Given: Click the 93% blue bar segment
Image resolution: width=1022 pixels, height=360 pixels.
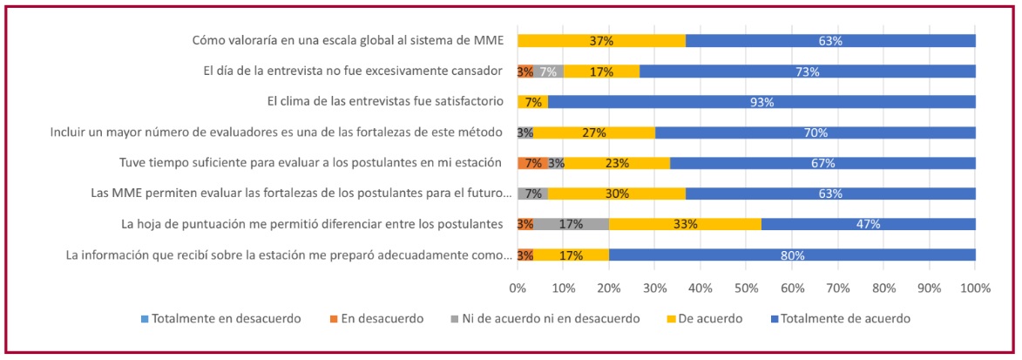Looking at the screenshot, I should tap(761, 102).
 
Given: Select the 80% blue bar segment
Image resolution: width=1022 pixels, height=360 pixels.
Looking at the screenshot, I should tap(792, 255).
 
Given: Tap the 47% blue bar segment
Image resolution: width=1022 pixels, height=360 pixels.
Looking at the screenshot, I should tap(868, 224).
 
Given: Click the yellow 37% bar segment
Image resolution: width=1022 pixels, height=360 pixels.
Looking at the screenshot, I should tap(601, 41).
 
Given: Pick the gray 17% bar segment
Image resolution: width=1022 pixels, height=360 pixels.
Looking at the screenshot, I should tap(571, 224).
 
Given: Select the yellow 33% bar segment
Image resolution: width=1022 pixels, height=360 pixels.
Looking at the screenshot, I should tap(685, 224).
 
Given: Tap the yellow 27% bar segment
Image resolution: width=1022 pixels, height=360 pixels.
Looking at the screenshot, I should tap(593, 132).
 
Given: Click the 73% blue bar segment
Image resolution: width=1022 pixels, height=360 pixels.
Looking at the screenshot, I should tap(808, 71).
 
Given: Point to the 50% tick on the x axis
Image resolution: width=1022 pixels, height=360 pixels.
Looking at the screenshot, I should tap(747, 288).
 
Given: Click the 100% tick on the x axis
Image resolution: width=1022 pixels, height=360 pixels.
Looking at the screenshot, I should tap(975, 288).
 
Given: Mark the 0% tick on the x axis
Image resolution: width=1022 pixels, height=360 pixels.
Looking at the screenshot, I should tap(518, 288).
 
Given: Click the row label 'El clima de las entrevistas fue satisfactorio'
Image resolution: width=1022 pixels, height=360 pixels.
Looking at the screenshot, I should tap(385, 102).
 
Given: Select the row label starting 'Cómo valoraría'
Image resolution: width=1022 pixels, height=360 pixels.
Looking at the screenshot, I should tap(348, 41).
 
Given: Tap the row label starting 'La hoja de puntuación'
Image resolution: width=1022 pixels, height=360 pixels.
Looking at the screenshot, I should tap(313, 224).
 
